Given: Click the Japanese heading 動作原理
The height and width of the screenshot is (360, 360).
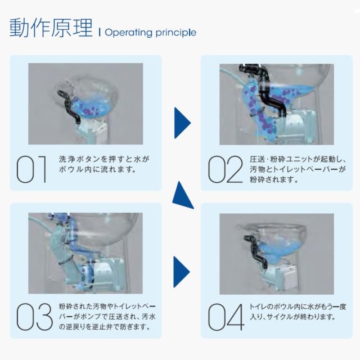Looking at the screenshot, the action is [51, 28].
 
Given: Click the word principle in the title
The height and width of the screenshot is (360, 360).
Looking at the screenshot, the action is [175, 33].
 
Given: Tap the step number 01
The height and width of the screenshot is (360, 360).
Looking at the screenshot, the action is [31, 169].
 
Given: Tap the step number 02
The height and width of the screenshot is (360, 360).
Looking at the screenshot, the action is [225, 169].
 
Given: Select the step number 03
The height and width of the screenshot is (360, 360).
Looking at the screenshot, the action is [34, 317].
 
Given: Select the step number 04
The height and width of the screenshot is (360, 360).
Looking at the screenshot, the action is [226, 317].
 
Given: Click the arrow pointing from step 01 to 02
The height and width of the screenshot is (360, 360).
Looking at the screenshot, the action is [181, 123].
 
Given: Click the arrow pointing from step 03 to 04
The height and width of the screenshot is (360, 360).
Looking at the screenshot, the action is [181, 272].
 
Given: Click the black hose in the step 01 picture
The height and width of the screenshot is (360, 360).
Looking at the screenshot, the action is [69, 107].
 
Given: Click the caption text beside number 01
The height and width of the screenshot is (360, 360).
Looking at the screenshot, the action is [103, 164].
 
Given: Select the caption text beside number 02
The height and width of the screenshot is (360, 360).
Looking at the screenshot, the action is [298, 169].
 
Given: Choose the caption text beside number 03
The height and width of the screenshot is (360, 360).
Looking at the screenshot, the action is [107, 316].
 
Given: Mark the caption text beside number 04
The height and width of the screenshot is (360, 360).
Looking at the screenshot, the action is [298, 312].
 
